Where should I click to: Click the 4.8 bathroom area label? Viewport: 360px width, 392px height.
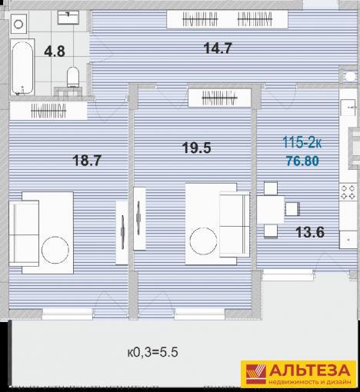tap(55, 51)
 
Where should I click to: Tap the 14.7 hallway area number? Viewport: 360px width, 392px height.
tap(218, 48)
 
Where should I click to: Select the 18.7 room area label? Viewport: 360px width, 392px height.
tap(87, 161)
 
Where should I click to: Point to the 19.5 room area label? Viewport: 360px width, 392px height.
tap(197, 148)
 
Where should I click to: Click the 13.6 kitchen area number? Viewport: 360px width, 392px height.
tap(310, 232)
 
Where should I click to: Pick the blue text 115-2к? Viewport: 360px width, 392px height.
tap(302, 142)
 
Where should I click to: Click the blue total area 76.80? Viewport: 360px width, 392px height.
tap(302, 161)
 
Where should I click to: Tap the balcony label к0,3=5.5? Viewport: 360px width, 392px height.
tap(153, 352)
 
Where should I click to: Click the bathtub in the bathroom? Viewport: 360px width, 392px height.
tap(22, 68)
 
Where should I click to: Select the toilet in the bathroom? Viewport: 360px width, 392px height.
tap(73, 77)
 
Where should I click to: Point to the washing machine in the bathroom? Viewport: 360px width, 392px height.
tap(18, 24)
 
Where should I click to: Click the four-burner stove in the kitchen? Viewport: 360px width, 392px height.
tap(348, 192)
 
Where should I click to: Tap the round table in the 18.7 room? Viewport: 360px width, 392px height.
tap(55, 250)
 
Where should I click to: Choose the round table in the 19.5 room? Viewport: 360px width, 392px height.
tap(203, 241)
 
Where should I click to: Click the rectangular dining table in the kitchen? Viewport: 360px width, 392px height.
tap(270, 209)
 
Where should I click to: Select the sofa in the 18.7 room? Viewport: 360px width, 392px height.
tap(24, 234)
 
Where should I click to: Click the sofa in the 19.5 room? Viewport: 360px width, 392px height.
tap(234, 224)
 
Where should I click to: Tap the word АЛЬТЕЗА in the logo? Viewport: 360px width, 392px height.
tap(310, 370)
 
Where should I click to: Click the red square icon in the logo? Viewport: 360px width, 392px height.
tap(255, 374)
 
